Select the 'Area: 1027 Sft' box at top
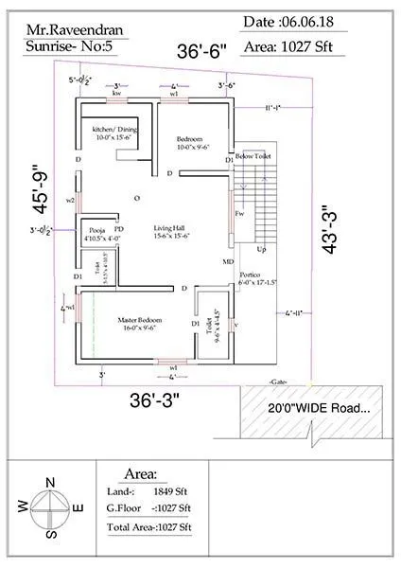point(313,44)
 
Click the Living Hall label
point(172,232)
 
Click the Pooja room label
point(97,234)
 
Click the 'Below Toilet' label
point(253,154)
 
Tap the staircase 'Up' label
point(262,249)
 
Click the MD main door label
point(228,260)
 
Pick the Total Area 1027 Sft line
point(149,525)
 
